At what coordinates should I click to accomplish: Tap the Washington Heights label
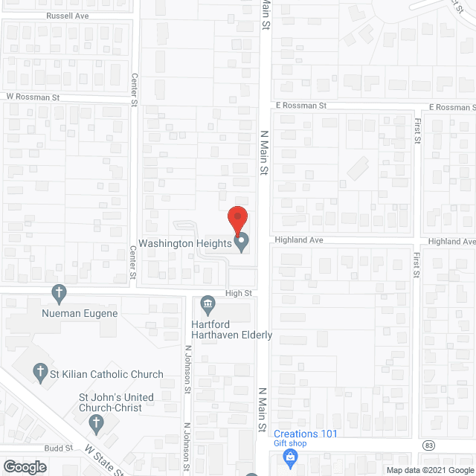click(185, 243)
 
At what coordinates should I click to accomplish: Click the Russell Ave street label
click(67, 15)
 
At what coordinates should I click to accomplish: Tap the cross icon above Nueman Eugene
click(59, 292)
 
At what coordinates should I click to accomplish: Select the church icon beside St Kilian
click(40, 374)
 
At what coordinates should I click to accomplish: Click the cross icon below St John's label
click(95, 424)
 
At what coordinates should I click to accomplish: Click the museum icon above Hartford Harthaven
click(208, 303)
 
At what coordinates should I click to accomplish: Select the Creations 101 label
click(306, 434)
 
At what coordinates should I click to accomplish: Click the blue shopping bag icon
click(291, 454)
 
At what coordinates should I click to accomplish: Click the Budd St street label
click(57, 448)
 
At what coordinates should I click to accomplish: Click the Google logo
click(24, 467)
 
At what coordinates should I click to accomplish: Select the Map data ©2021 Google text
click(429, 470)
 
